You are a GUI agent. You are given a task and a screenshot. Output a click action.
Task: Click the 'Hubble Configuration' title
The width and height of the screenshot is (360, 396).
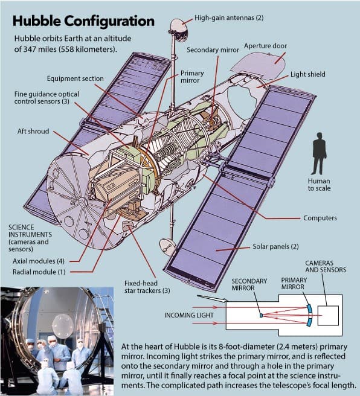click(83, 21)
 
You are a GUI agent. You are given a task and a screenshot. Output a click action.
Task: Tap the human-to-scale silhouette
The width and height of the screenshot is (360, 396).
click(320, 153)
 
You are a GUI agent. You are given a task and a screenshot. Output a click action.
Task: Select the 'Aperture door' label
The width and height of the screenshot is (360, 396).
click(266, 46)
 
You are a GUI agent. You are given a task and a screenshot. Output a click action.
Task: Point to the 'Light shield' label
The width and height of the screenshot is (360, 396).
click(307, 74)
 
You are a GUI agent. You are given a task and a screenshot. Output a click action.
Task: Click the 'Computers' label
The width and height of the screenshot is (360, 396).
click(320, 218)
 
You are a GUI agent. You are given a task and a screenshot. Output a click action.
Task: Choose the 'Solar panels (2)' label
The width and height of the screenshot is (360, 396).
click(275, 246)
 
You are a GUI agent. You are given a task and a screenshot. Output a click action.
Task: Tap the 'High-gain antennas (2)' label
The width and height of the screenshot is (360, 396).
click(229, 18)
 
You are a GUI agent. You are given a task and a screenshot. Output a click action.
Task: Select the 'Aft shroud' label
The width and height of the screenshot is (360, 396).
click(33, 132)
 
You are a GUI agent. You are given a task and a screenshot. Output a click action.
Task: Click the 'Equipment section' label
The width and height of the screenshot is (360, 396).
click(76, 78)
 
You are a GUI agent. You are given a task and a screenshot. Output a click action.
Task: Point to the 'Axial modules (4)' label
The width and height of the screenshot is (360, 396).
click(39, 261)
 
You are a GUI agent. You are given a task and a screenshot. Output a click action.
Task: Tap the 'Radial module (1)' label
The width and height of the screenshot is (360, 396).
click(39, 272)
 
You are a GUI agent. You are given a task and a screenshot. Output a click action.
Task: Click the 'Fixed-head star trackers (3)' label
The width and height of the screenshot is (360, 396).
click(147, 287)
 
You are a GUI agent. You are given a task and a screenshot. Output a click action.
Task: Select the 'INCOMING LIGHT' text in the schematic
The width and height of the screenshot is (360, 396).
click(189, 315)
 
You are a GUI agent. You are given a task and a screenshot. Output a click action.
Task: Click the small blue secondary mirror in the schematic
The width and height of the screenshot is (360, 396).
click(261, 315)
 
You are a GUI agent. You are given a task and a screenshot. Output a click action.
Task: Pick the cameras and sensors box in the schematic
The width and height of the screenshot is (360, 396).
click(328, 316)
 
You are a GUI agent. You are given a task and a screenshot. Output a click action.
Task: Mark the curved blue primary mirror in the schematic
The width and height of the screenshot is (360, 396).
click(310, 315)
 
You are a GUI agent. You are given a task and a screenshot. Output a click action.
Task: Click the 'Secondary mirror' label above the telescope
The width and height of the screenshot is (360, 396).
click(213, 50)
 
